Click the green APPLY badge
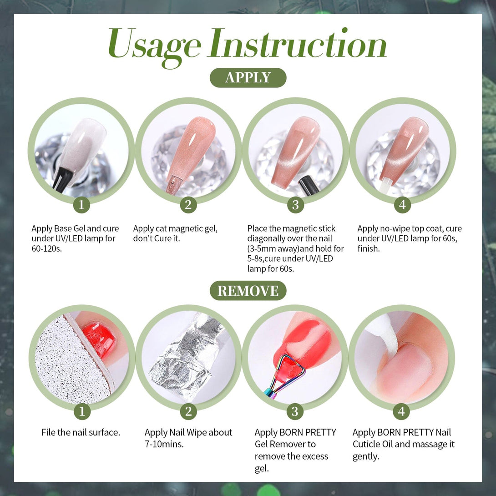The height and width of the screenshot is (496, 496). [248, 77]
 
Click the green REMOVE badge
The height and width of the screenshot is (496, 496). [248, 291]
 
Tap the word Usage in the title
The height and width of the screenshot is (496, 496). [154, 46]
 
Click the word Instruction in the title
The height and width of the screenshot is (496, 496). [297, 43]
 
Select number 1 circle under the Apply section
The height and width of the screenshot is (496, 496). [81, 205]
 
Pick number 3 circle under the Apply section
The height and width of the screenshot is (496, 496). [295, 205]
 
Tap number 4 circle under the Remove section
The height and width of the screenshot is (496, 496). [401, 411]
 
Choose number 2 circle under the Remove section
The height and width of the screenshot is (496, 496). [188, 411]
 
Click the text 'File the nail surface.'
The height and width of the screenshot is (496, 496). [81, 432]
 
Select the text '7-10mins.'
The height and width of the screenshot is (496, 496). [164, 444]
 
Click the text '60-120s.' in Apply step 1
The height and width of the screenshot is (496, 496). [46, 248]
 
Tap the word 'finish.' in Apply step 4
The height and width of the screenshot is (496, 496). [369, 248]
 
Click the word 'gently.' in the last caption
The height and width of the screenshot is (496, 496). [366, 457]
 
